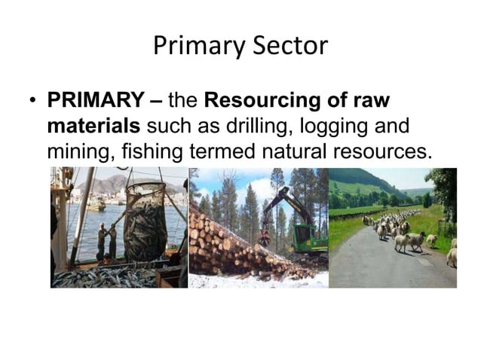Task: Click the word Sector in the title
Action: (x=290, y=47)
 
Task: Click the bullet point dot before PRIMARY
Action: (x=32, y=101)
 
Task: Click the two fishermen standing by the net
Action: (x=106, y=240)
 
